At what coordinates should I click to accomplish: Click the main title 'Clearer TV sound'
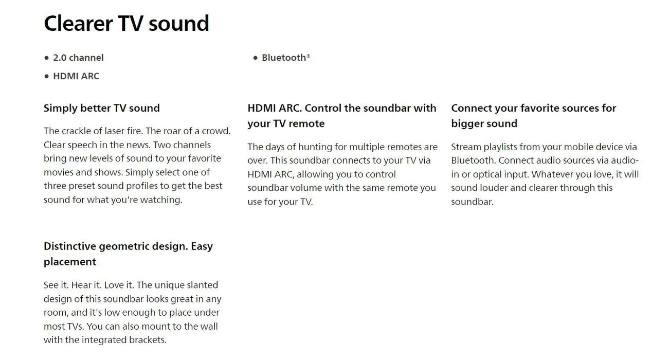click(x=126, y=24)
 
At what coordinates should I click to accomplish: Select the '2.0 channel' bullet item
click(x=78, y=58)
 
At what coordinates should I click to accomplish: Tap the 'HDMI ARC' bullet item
click(x=76, y=76)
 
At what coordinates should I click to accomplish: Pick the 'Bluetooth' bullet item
click(x=283, y=58)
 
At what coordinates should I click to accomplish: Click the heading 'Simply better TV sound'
click(x=102, y=108)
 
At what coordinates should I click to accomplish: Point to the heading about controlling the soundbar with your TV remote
click(x=341, y=116)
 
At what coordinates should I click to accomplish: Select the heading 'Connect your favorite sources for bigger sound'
click(x=533, y=116)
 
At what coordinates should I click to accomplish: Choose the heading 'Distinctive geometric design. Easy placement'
click(x=128, y=254)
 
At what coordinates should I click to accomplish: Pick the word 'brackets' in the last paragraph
click(x=149, y=340)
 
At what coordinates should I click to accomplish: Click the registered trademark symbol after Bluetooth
click(x=309, y=56)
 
